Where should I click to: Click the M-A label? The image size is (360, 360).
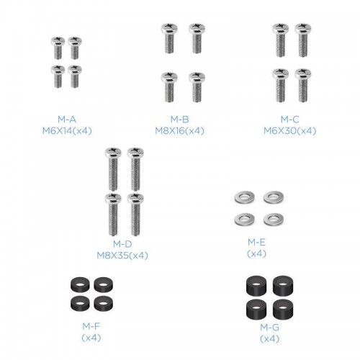pos(67,120)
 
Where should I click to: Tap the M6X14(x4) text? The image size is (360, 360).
pos(67,131)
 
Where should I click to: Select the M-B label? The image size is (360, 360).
pos(179,120)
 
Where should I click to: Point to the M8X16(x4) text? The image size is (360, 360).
pos(179,131)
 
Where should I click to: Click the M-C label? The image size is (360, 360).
pos(289,120)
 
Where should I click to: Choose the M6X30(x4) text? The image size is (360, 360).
pos(289,131)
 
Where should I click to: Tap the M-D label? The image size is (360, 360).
pos(122,244)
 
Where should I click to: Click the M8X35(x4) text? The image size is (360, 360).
pos(122,256)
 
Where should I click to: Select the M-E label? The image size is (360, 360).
pos(256,242)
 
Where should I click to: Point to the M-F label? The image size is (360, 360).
pos(91,326)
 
